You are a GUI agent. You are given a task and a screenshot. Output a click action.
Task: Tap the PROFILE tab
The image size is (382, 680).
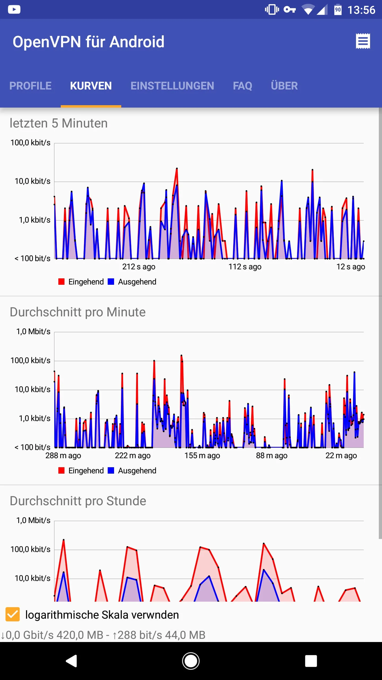30,86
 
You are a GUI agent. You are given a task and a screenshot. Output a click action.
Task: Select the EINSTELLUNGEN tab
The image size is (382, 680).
172,86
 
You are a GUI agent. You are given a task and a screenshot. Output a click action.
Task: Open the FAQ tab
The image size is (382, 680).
242,86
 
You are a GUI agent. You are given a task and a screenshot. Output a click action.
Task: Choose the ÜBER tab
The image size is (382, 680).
284,86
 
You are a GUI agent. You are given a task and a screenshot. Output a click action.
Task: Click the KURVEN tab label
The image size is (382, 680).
91,86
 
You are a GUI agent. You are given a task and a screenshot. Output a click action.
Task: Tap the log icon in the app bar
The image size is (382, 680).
363,41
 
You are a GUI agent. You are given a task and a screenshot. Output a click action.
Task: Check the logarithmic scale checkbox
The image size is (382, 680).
13,614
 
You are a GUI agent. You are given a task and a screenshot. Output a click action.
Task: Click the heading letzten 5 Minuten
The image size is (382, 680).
59,123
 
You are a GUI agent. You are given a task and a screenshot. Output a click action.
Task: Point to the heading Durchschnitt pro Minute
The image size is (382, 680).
77,312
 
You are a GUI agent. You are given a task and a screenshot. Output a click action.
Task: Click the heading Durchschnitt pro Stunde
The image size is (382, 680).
78,501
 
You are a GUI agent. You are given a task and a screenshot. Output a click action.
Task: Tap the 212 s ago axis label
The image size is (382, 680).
139,266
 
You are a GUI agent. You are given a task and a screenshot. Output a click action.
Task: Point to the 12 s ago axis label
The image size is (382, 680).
351,266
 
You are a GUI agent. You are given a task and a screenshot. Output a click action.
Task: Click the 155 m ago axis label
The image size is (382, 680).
202,456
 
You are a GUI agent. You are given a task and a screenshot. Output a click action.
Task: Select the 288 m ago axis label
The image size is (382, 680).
63,456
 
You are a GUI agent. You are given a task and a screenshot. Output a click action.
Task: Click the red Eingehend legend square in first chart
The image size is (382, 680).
61,282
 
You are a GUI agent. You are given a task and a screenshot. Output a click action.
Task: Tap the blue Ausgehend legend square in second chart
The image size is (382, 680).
111,470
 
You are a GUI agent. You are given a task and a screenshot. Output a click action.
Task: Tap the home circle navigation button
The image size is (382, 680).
191,661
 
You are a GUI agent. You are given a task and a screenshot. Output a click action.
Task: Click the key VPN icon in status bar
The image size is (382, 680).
289,10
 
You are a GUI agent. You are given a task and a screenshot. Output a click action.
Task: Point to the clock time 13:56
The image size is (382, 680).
361,10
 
